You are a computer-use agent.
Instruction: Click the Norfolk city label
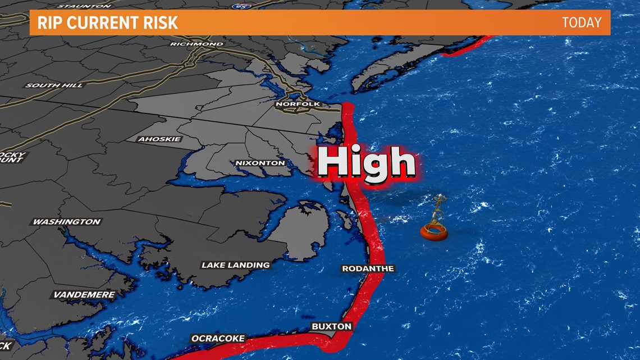(x=298, y=104)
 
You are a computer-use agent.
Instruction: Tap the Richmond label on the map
(x=196, y=44)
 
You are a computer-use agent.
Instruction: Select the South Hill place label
(x=54, y=85)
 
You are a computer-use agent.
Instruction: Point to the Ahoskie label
(x=159, y=139)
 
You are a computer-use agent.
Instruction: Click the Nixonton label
(x=260, y=163)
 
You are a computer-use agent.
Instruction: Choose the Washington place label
(x=66, y=222)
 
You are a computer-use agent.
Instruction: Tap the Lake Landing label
(x=235, y=265)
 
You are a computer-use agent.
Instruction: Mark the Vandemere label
(x=84, y=295)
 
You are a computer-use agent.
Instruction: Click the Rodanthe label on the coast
(x=368, y=269)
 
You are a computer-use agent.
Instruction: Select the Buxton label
(x=332, y=326)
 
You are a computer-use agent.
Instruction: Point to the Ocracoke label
(x=218, y=339)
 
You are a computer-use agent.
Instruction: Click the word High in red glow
(x=367, y=163)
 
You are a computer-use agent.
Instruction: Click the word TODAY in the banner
(x=581, y=23)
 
